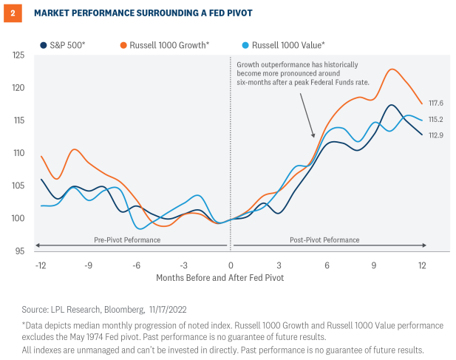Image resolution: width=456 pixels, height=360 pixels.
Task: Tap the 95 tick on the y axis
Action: (x=19, y=251)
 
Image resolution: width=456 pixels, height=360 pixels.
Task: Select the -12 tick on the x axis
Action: (x=41, y=265)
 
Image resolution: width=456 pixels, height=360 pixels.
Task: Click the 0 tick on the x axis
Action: (x=231, y=265)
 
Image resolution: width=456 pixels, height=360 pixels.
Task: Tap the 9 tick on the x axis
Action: (x=375, y=265)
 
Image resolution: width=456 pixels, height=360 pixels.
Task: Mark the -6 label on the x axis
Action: (x=137, y=265)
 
